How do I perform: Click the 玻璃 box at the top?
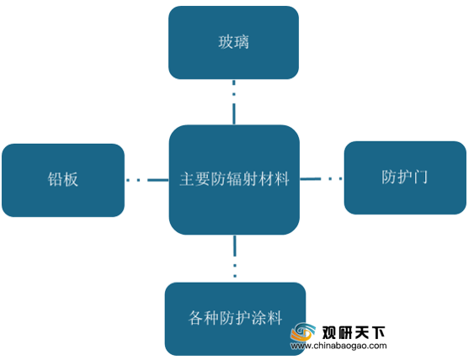click(233, 43)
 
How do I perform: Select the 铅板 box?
click(63, 180)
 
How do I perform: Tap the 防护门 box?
click(405, 177)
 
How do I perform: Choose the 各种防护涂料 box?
click(235, 319)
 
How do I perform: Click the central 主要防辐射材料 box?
click(234, 180)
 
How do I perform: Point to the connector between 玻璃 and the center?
click(234, 103)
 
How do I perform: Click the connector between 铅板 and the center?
click(147, 180)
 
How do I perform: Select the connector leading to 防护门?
click(321, 179)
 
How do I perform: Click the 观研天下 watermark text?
click(354, 332)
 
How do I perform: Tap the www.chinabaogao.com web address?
click(338, 346)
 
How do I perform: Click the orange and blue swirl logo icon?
click(302, 332)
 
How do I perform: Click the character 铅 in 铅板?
click(55, 179)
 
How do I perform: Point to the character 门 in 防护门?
click(420, 177)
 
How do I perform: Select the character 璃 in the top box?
click(242, 42)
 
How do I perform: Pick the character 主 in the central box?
click(187, 179)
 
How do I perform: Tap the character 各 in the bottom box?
click(196, 318)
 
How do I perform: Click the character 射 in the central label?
click(250, 179)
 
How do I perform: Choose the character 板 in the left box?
click(71, 179)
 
